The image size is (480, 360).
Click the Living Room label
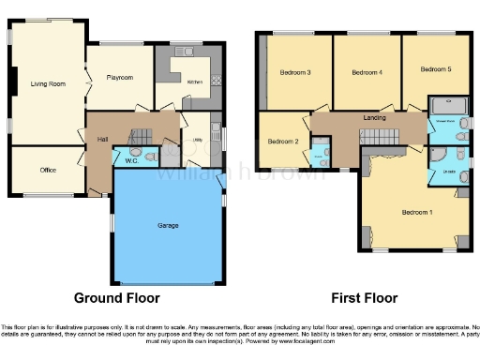point(47,84)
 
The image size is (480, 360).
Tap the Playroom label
point(119,78)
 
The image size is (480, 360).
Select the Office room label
point(49,170)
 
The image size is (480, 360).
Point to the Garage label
point(169,226)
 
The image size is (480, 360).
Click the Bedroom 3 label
point(296,72)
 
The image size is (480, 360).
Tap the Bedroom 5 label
point(435,68)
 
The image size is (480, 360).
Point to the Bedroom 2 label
point(282,142)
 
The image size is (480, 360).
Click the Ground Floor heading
point(117,297)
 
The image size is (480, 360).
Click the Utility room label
point(198,142)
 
